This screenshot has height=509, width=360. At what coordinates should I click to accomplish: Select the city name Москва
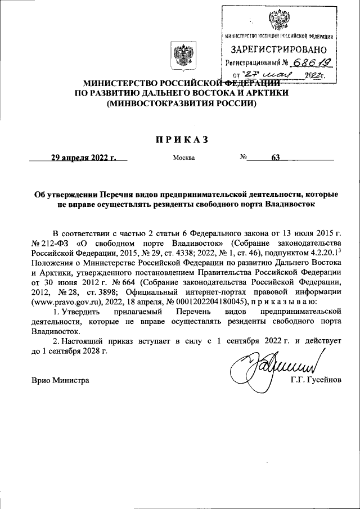(184, 158)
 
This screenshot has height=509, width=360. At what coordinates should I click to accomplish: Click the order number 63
(275, 157)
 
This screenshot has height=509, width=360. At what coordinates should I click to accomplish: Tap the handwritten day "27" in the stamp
(250, 74)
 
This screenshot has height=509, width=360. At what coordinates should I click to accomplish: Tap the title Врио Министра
(60, 381)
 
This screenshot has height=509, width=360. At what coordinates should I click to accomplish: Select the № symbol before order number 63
(244, 157)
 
